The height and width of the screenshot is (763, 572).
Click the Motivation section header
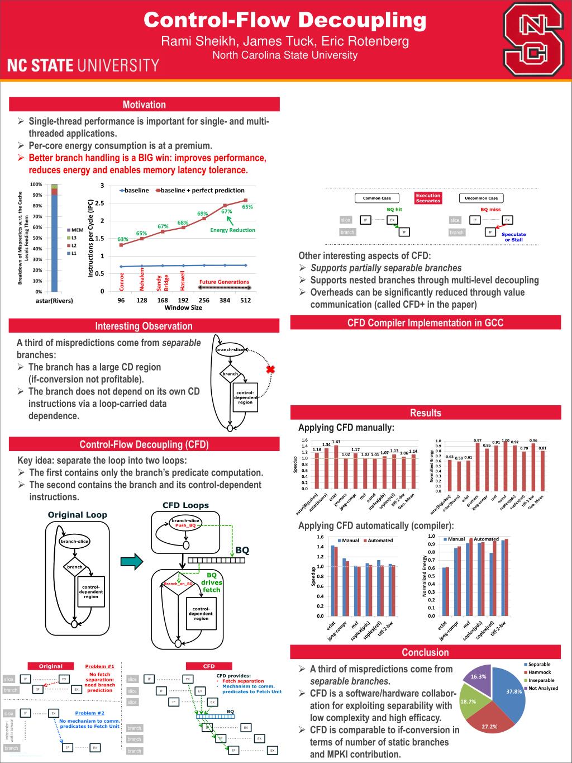coord(144,105)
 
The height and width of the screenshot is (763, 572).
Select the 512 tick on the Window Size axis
coord(246,300)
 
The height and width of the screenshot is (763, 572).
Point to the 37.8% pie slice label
coord(513,691)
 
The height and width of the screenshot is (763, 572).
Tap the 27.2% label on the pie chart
coord(489,726)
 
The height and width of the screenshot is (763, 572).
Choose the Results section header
coord(426,413)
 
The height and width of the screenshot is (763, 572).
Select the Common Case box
coord(377,198)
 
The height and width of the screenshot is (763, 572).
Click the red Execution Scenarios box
coord(428,198)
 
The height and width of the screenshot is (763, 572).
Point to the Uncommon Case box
coord(481,198)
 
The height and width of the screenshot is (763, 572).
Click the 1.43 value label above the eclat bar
coord(336,442)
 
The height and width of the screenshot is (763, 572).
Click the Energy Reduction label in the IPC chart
coord(232,230)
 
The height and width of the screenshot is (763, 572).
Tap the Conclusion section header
coord(425,652)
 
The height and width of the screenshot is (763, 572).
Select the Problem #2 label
coord(89,713)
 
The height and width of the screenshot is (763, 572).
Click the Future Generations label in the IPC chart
coord(224,282)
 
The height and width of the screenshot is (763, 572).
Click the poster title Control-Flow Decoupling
coord(285,20)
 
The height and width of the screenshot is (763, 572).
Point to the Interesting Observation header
coord(144,326)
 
